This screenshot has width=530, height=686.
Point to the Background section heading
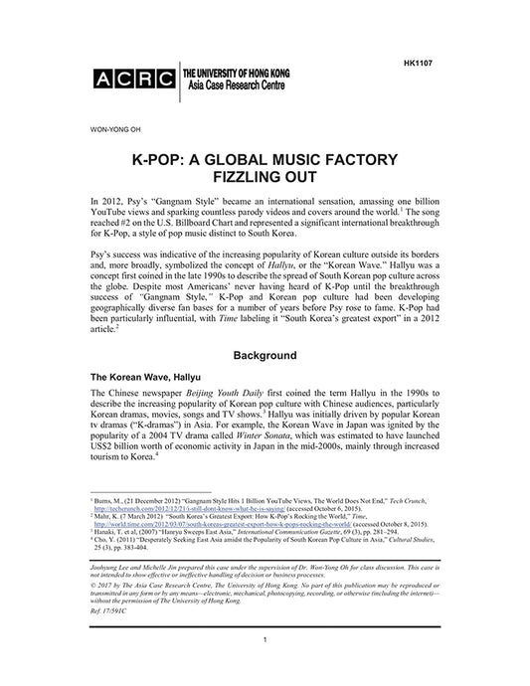(x=265, y=354)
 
